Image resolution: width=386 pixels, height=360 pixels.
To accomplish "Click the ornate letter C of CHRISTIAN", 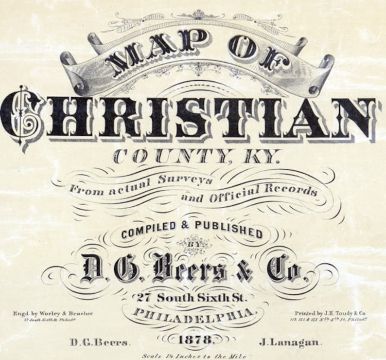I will [22, 117].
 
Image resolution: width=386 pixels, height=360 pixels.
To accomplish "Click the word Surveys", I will [185, 180].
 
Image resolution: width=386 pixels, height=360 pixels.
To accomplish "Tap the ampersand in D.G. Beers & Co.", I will [245, 270].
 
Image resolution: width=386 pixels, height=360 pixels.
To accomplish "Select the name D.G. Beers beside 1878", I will [99, 342].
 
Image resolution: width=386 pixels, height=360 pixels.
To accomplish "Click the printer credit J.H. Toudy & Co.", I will [330, 313].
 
